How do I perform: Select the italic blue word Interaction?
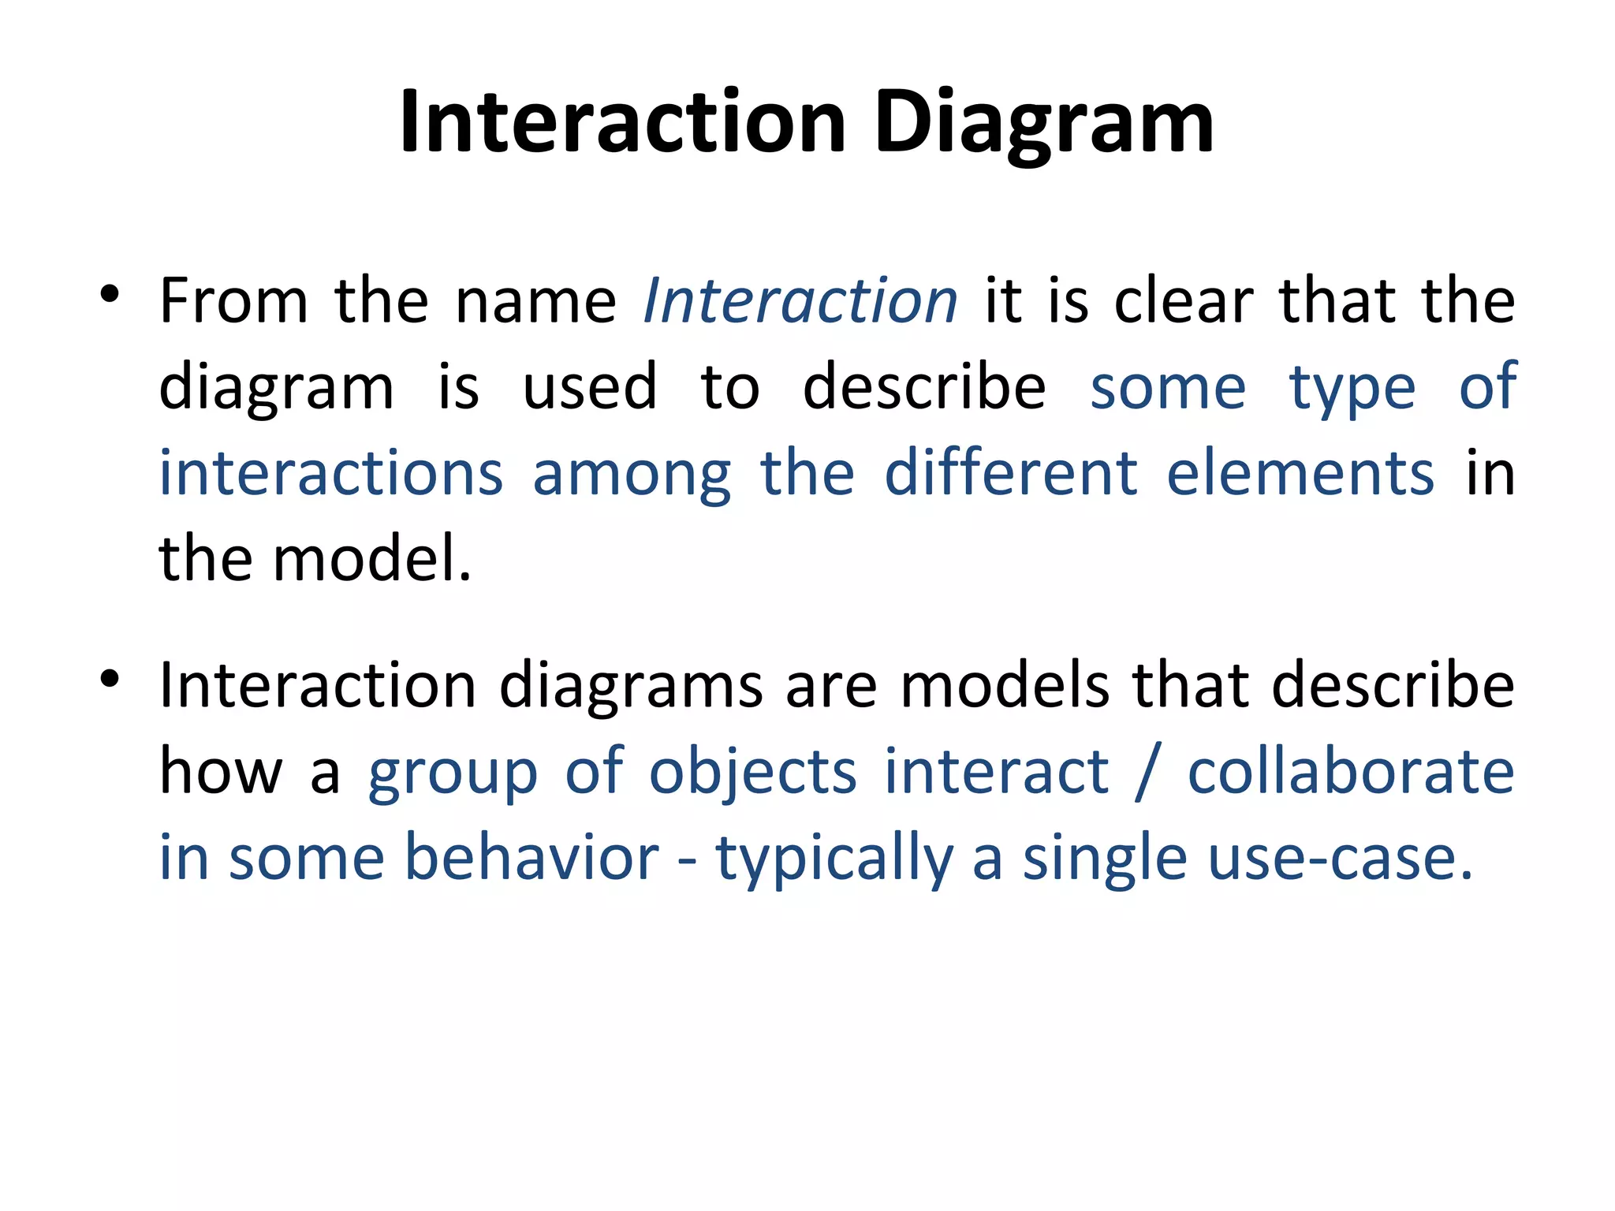point(800,301)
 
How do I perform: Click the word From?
point(233,301)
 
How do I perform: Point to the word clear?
point(1183,301)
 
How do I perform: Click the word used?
point(589,387)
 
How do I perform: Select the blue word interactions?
point(331,473)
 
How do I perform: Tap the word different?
point(1010,473)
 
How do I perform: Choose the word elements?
point(1300,473)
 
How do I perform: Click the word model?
point(371,559)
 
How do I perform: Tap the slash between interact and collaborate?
point(1147,773)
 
